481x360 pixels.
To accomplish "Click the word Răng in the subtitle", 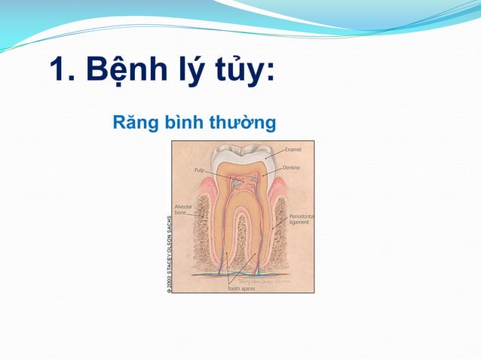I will coord(133,121).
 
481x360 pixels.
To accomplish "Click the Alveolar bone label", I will coord(185,209).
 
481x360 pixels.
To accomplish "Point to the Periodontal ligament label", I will coord(302,219).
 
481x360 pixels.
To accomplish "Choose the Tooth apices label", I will coord(241,288).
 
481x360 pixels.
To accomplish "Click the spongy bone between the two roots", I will coord(242,241).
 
